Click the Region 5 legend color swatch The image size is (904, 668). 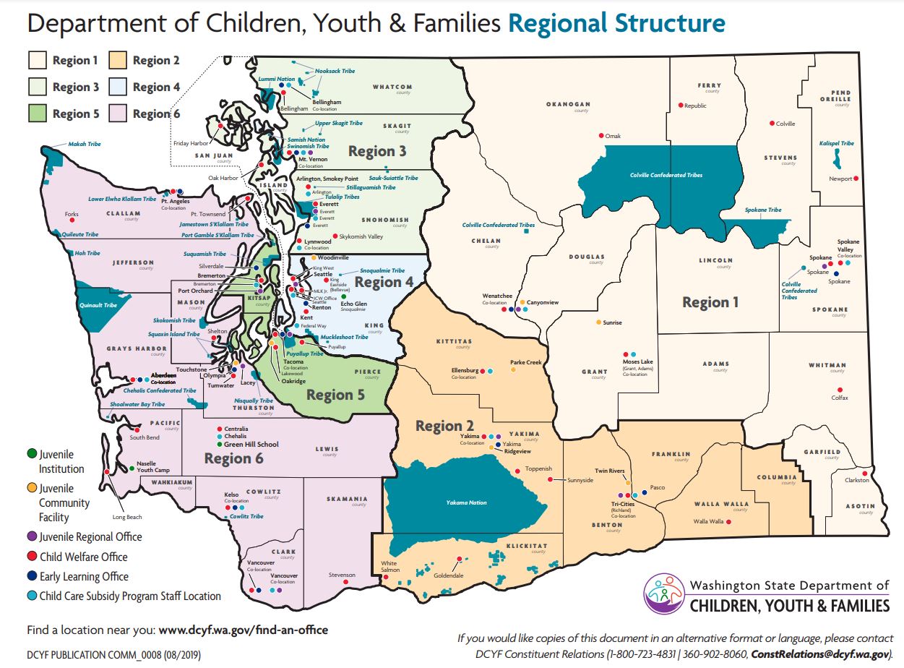(x=38, y=114)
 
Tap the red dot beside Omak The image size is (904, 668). (x=600, y=136)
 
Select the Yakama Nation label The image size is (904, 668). (x=466, y=502)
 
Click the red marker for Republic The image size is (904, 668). (x=680, y=106)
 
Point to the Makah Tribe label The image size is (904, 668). (x=85, y=144)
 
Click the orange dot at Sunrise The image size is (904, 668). (x=598, y=322)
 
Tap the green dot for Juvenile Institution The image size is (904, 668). (x=31, y=454)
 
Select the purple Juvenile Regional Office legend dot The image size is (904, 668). (x=31, y=536)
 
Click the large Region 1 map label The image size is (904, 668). (x=710, y=302)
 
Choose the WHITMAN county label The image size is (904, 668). (x=827, y=366)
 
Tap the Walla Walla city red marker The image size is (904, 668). (x=737, y=521)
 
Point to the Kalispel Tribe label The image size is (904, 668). (x=837, y=143)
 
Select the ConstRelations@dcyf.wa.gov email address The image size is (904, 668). (x=818, y=654)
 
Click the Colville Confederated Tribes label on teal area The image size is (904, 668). (x=666, y=175)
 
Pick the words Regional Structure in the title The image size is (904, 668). (x=616, y=23)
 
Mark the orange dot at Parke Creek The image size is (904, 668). (x=513, y=370)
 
